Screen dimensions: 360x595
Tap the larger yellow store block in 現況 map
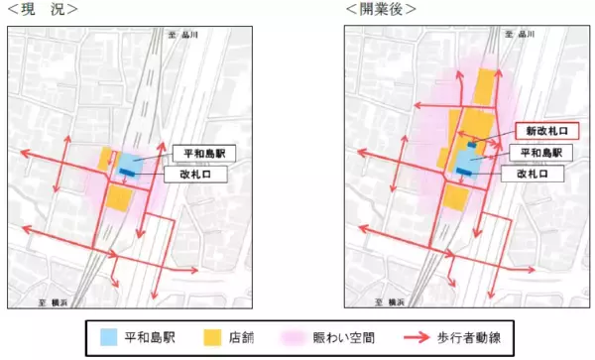pos(119,196)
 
